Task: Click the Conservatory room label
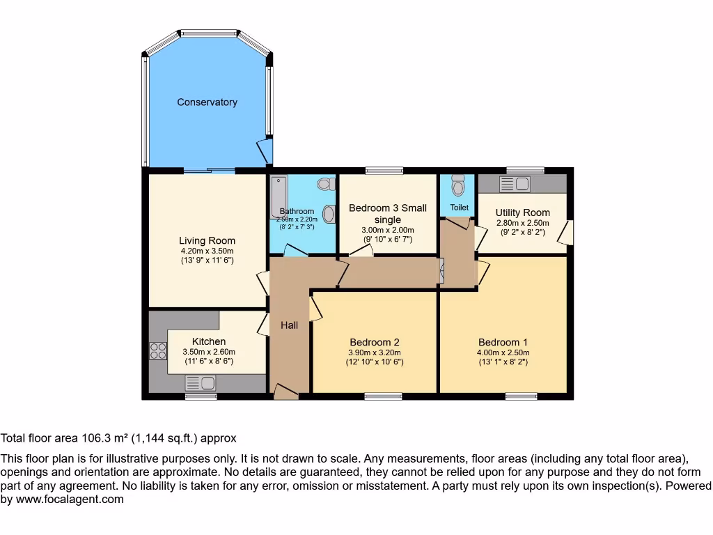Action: click(x=207, y=102)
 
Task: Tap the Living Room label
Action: click(x=207, y=241)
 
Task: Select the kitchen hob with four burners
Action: click(x=158, y=351)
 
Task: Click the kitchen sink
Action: click(x=201, y=382)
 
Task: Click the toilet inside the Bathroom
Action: click(x=324, y=185)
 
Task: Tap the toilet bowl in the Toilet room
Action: click(x=457, y=186)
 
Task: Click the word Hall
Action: click(x=290, y=325)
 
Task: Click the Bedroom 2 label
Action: click(x=375, y=342)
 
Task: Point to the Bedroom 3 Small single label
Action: click(x=386, y=213)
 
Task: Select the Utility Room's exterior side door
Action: click(x=568, y=233)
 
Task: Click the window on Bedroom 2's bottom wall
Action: click(x=383, y=396)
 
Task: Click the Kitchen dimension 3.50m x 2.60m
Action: click(x=209, y=352)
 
